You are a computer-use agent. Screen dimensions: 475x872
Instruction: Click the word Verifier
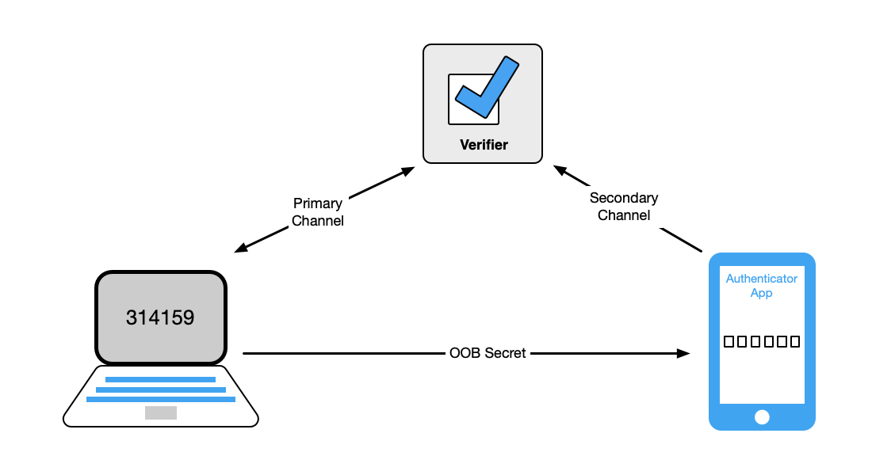click(484, 145)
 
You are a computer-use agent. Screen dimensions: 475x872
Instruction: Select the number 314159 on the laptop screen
click(160, 317)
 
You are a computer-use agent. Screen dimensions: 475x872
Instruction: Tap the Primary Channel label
click(317, 212)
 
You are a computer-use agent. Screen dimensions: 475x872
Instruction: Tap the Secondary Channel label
click(624, 206)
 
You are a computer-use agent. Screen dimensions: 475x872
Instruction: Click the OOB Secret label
click(487, 353)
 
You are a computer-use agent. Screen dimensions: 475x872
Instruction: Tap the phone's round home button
click(762, 416)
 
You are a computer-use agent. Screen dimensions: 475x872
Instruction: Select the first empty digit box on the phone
click(730, 342)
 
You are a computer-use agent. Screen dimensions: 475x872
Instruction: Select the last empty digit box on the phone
click(794, 342)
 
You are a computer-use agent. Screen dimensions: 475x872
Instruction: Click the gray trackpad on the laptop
click(160, 412)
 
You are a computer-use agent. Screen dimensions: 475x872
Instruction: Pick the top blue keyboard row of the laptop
click(160, 379)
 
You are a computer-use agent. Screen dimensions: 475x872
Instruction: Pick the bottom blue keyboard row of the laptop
click(160, 399)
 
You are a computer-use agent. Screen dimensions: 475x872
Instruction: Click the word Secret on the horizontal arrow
click(506, 353)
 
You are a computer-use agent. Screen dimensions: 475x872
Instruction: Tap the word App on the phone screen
click(762, 293)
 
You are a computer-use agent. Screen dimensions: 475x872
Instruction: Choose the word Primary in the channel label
click(317, 203)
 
